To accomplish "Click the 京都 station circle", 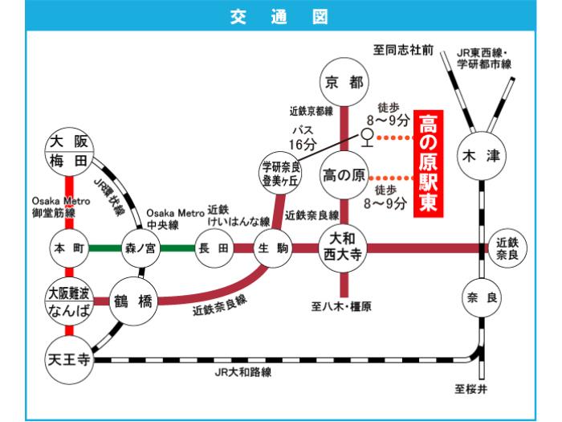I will coord(344,82).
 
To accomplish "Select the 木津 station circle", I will coord(481,157).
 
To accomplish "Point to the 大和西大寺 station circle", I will coord(344,246).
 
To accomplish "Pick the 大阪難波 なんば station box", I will coord(68,301).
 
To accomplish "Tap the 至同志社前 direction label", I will coord(403,51).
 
